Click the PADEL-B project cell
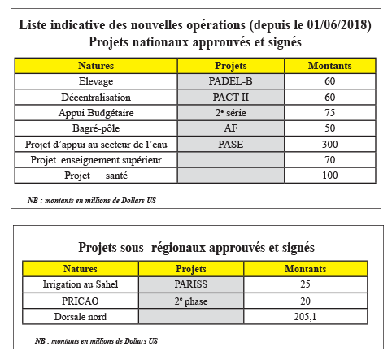click(x=230, y=81)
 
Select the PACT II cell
click(x=230, y=97)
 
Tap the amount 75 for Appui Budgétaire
click(x=330, y=113)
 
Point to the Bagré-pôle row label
click(x=96, y=128)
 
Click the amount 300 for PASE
click(x=330, y=144)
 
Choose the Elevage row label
click(x=96, y=81)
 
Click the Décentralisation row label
click(x=96, y=97)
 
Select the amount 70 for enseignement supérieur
click(x=330, y=160)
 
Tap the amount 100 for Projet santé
click(x=330, y=176)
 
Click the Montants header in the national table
click(x=330, y=66)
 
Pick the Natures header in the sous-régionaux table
click(x=81, y=269)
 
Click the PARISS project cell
click(x=191, y=284)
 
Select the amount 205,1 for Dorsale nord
click(x=305, y=317)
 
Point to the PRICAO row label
click(x=81, y=301)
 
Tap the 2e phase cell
click(x=191, y=301)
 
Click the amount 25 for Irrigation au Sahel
click(x=305, y=284)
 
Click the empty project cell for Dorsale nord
click(x=191, y=316)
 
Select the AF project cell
click(x=231, y=128)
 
